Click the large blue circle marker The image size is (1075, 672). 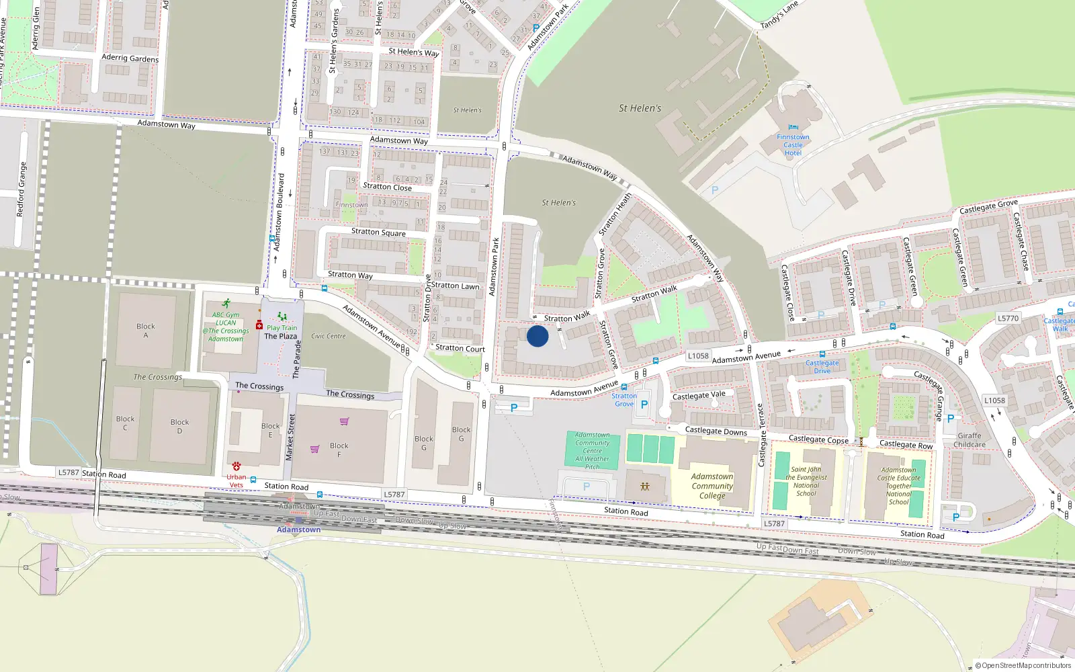click(537, 336)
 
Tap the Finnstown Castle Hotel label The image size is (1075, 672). click(793, 144)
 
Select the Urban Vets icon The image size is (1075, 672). click(236, 466)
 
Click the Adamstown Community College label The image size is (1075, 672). click(712, 486)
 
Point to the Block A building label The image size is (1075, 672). click(146, 331)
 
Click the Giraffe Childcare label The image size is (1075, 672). click(970, 440)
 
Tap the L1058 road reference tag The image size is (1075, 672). click(698, 356)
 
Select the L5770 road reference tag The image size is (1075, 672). click(1008, 319)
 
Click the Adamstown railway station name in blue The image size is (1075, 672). click(298, 530)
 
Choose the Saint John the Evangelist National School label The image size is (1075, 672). click(806, 481)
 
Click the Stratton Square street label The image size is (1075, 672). click(378, 232)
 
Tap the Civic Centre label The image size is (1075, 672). click(329, 336)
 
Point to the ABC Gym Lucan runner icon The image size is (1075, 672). click(226, 304)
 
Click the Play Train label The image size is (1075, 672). click(282, 328)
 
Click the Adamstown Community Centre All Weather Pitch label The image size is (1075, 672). click(592, 450)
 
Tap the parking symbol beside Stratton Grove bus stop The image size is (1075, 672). click(644, 405)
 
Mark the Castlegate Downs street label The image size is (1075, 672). click(716, 431)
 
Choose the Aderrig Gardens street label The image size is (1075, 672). click(130, 58)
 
